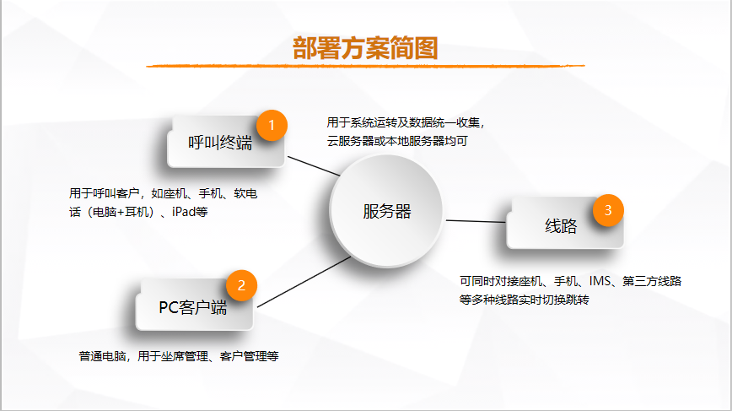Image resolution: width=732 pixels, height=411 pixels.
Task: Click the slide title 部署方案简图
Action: tap(365, 48)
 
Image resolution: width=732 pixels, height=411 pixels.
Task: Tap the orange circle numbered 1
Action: tap(272, 125)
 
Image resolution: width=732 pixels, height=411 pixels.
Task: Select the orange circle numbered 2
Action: tap(241, 285)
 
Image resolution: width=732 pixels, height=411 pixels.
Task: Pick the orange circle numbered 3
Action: tap(608, 210)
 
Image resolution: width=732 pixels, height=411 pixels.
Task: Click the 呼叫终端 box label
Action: tap(220, 143)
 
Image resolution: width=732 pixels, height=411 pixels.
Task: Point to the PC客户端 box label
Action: tap(193, 307)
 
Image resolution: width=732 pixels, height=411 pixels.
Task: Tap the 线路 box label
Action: tap(561, 226)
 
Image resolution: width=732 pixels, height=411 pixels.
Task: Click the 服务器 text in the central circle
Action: tap(387, 212)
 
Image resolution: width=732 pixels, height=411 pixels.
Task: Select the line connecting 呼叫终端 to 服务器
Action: tap(314, 166)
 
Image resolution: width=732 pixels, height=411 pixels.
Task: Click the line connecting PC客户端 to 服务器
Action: tap(304, 282)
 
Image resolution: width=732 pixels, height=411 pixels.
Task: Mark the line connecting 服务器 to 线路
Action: tap(476, 221)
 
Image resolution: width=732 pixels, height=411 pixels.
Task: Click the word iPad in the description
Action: tap(184, 212)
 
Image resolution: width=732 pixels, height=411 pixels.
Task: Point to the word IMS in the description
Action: tap(600, 281)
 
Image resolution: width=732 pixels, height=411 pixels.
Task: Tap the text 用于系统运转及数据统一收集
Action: tap(403, 122)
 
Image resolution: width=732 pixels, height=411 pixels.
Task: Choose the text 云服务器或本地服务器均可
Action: tap(397, 141)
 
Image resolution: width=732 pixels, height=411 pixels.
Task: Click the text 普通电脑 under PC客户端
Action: tap(102, 356)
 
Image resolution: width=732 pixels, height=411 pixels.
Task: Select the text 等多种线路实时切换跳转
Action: tap(525, 300)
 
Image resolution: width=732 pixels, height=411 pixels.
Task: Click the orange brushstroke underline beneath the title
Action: tap(365, 66)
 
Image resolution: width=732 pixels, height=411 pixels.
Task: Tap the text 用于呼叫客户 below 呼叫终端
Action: tap(105, 193)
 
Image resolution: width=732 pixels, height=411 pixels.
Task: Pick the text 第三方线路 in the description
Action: tap(652, 281)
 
